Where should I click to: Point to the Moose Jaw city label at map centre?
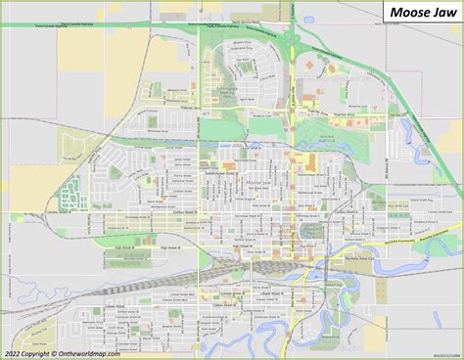[x=259, y=183]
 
